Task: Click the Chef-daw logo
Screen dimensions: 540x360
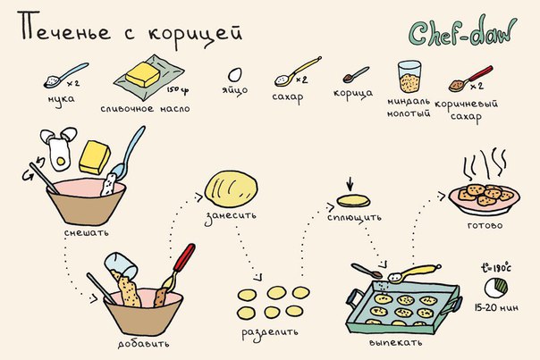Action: [x=463, y=31]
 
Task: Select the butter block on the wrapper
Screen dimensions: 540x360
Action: [x=142, y=74]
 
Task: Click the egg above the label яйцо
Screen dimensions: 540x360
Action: [x=235, y=75]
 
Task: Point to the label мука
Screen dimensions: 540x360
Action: [x=61, y=99]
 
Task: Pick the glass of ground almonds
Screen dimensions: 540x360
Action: [x=409, y=77]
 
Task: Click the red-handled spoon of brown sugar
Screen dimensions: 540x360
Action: [x=470, y=80]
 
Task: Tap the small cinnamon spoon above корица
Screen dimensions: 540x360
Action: [x=356, y=75]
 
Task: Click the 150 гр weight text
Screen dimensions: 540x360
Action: [x=178, y=90]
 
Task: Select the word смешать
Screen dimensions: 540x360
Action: [x=87, y=232]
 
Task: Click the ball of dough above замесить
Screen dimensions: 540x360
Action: [x=231, y=189]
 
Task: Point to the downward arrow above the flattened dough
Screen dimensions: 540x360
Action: [x=350, y=184]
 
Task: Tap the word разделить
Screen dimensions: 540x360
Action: [x=270, y=333]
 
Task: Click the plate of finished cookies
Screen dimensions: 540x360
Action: [x=485, y=199]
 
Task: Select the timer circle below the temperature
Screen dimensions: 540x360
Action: [x=496, y=288]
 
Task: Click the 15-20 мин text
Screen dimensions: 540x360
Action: [x=496, y=307]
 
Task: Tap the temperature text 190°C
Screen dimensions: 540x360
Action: [x=496, y=268]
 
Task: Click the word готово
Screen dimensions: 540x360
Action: [x=485, y=226]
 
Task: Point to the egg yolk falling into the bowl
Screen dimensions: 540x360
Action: [x=61, y=161]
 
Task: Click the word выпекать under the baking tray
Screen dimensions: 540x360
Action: [x=395, y=342]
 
